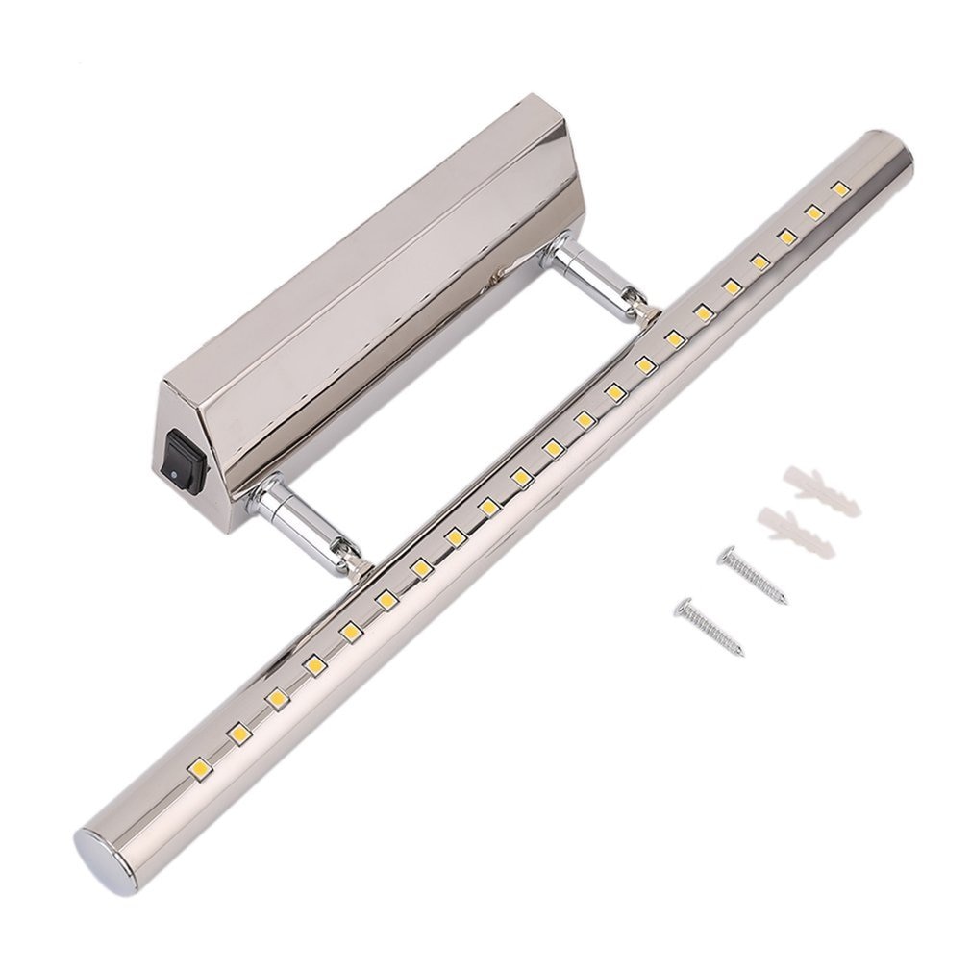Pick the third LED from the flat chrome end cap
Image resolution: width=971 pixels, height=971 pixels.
click(x=277, y=699)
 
